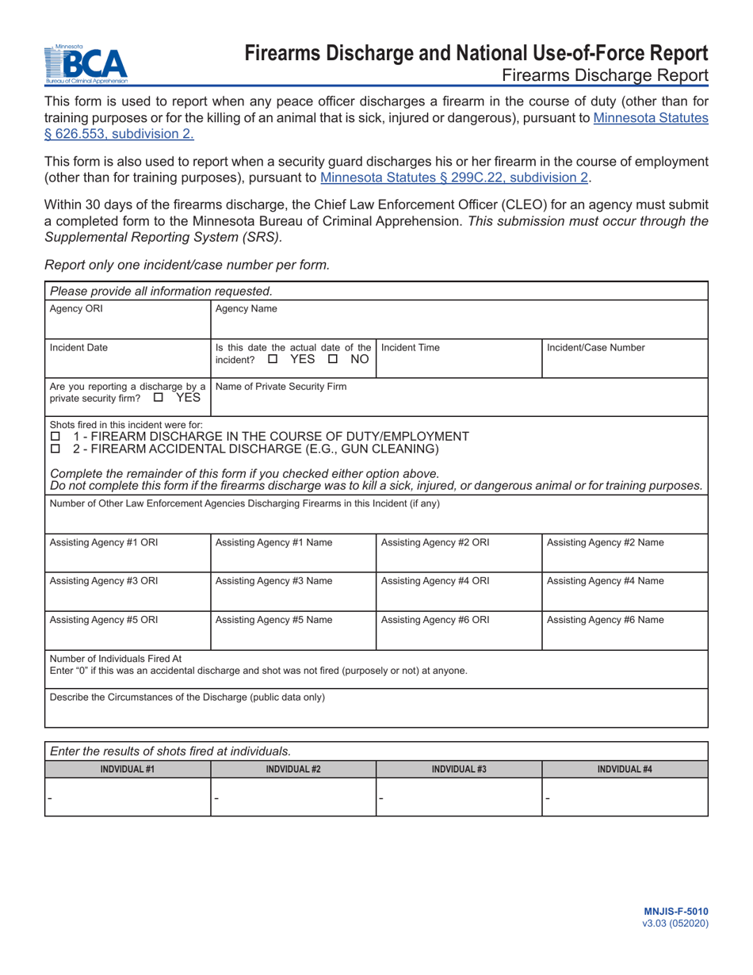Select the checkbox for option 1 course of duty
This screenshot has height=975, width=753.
point(55,437)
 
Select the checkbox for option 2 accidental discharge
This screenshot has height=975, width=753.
point(55,449)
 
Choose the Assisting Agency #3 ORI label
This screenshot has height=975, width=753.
point(104,580)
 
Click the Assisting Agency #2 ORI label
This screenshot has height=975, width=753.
point(435,542)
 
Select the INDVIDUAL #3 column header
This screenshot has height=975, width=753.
point(458,769)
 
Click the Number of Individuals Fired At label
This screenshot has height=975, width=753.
point(116,658)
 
